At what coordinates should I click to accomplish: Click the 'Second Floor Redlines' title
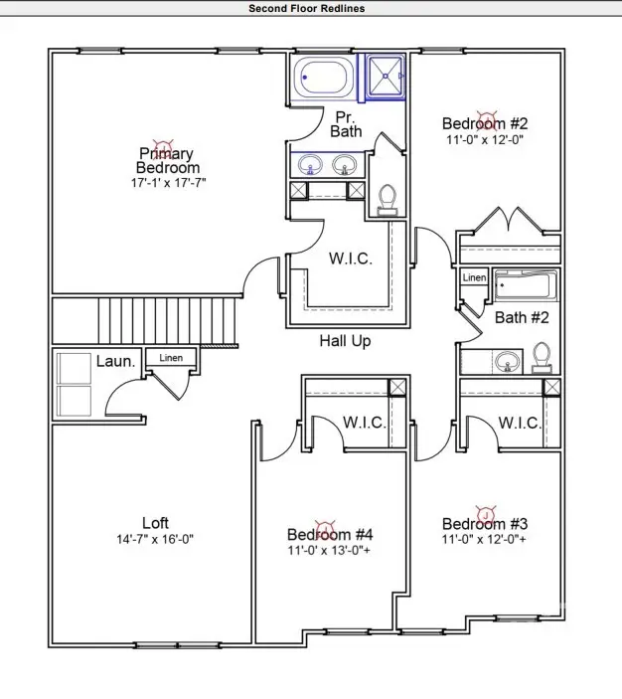coord(307,8)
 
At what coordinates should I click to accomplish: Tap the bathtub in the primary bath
coord(323,78)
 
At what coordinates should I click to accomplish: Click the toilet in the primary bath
coord(388,199)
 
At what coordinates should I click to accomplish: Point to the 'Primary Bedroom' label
coord(168,160)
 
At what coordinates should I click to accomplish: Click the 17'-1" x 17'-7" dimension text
coord(168,184)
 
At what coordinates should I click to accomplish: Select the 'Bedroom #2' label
coord(485,124)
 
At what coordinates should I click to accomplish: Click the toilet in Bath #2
coord(543,356)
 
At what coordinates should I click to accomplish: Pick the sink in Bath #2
coord(508,360)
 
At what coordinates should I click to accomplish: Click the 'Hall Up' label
coord(345,341)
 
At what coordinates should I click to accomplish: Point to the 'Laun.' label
coord(116,361)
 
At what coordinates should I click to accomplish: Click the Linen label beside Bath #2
coord(474,278)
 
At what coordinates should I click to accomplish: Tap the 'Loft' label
coord(155,523)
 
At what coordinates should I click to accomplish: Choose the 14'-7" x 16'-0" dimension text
coord(155,540)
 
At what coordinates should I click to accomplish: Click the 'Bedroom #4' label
coord(330,535)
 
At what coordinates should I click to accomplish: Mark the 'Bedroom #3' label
coord(485,524)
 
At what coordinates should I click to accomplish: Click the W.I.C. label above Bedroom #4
coord(365,423)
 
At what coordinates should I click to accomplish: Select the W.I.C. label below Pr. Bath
coord(350,259)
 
